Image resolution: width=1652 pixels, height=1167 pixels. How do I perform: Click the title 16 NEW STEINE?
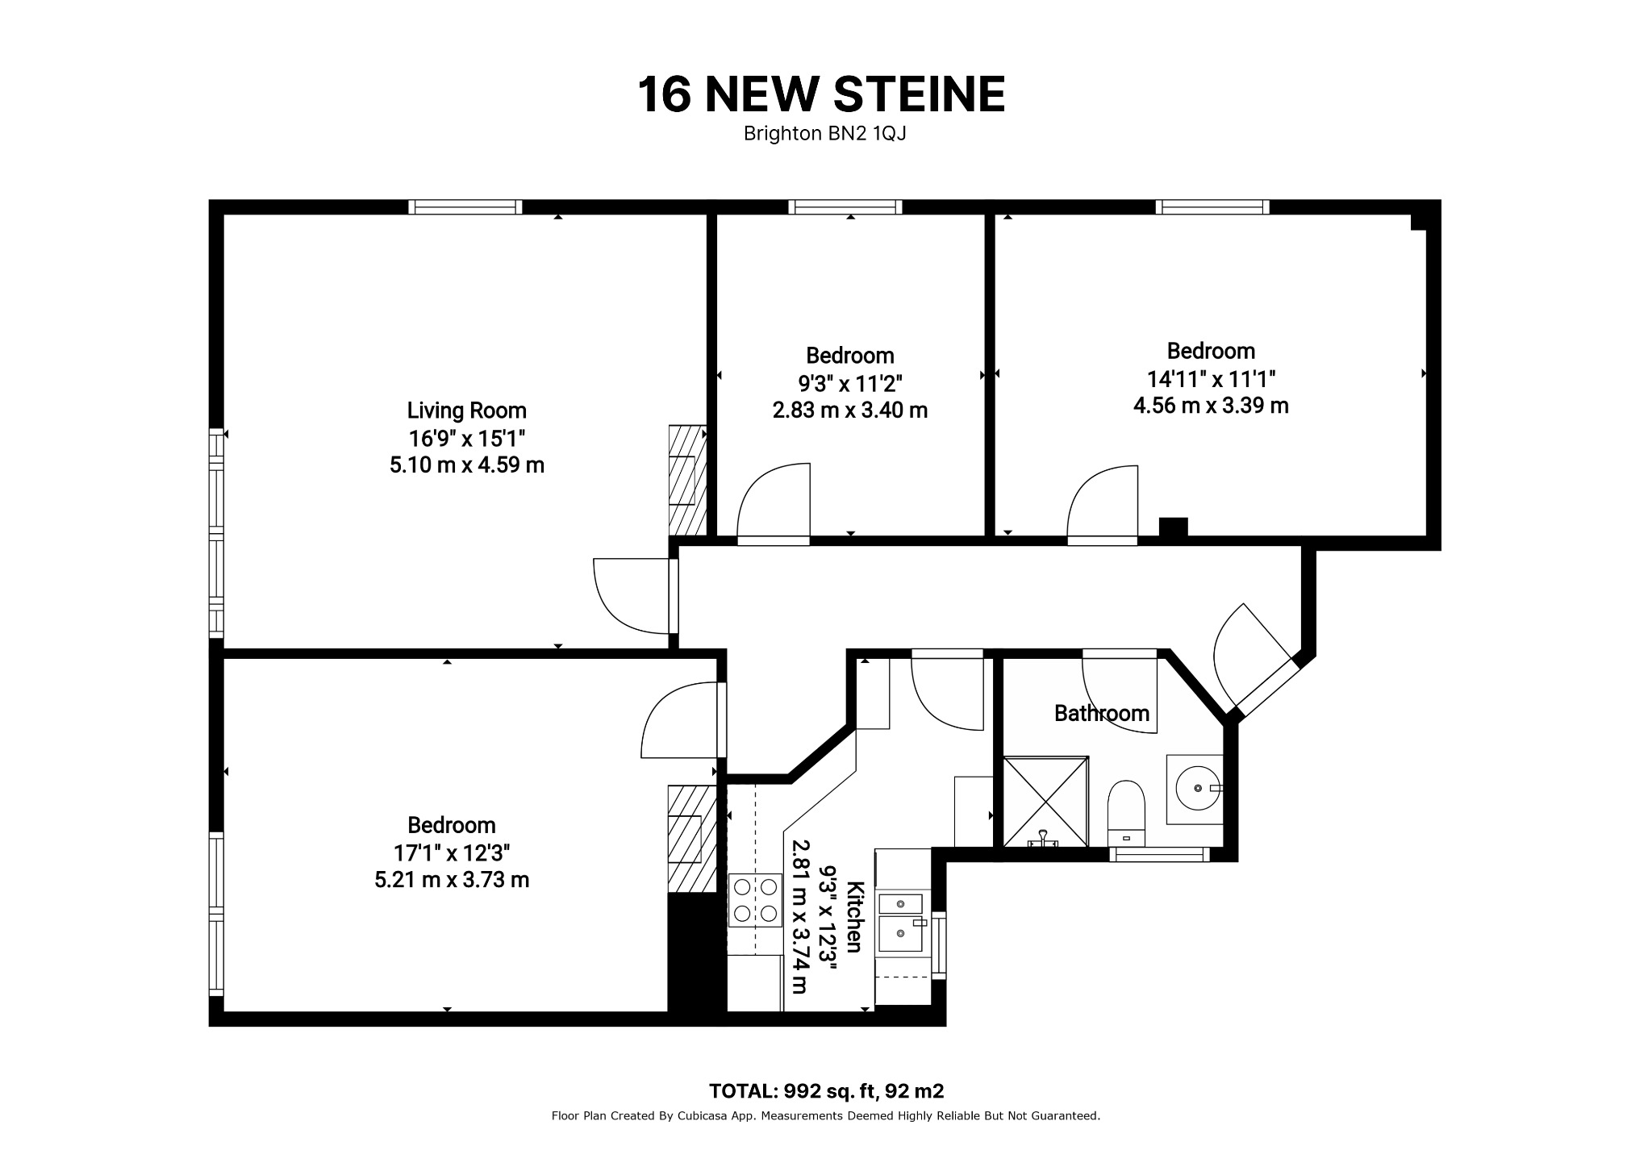pos(822,94)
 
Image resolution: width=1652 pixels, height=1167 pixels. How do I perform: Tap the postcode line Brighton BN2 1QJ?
pos(824,134)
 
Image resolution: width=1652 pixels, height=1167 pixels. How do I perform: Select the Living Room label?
pos(466,411)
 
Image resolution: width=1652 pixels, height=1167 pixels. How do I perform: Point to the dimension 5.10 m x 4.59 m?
pos(467,465)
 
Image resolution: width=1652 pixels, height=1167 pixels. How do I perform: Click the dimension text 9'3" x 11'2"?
pos(850,383)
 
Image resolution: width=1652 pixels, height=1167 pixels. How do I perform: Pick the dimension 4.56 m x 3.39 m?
pos(1211,406)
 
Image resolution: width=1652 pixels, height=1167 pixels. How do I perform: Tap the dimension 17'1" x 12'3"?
pos(452,852)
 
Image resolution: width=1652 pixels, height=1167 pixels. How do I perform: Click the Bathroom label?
pos(1102,713)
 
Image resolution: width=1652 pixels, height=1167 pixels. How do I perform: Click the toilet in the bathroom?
pos(1127,813)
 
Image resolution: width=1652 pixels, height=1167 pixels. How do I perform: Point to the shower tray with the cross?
pos(1045,801)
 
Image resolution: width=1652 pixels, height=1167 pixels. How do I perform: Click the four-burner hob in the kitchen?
pos(755,900)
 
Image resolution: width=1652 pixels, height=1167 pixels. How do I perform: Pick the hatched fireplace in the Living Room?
pos(688,480)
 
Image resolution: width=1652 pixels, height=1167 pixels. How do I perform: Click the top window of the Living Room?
pos(465,207)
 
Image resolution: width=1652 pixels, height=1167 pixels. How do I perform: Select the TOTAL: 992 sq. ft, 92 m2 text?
pos(826,1092)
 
